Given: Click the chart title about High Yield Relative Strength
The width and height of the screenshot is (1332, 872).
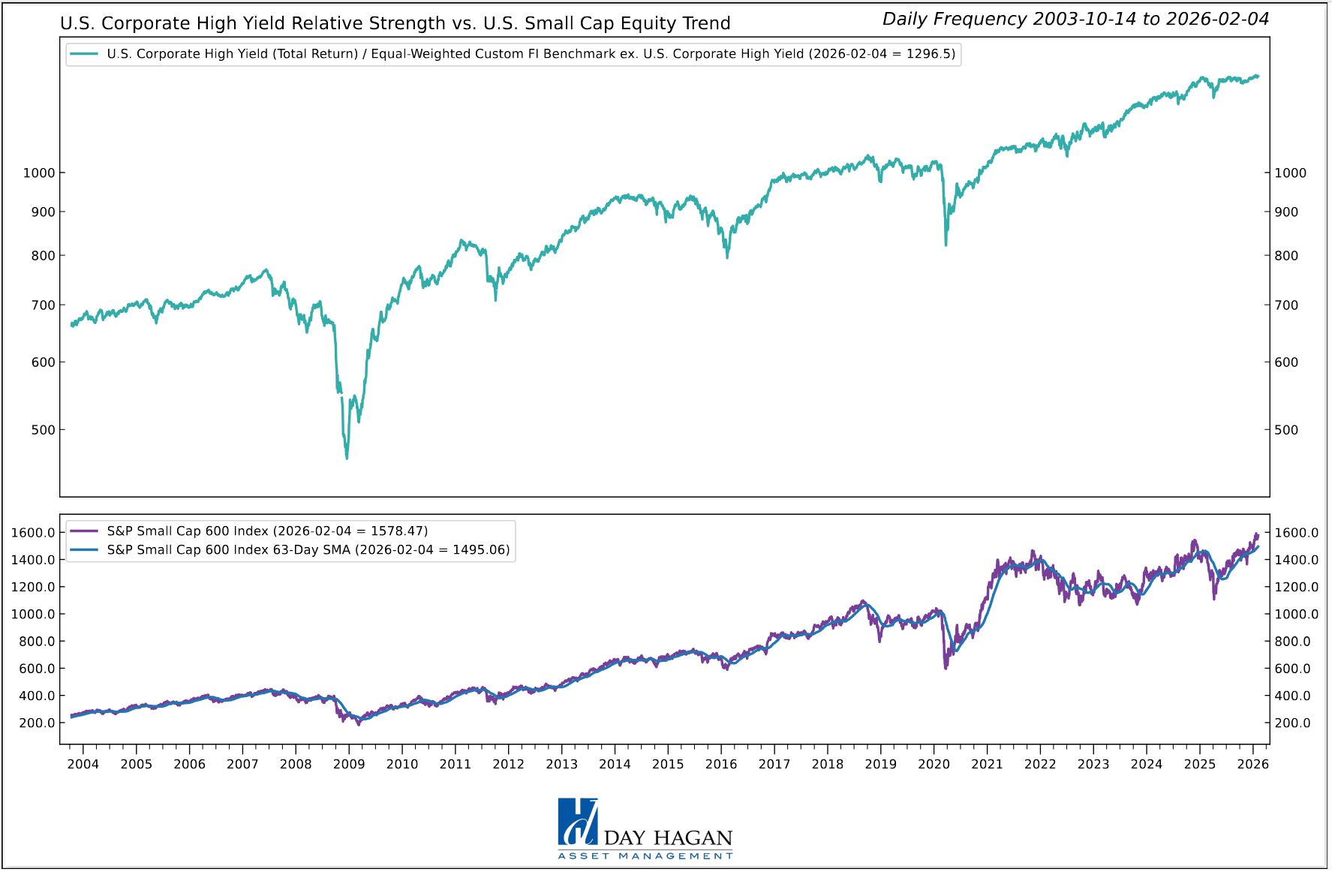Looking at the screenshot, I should (395, 23).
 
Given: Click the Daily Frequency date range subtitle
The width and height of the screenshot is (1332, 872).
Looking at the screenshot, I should (1075, 20).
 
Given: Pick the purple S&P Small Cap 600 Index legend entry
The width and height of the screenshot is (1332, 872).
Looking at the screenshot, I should (267, 531).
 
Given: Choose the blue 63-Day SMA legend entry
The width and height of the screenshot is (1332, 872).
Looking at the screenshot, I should (308, 550).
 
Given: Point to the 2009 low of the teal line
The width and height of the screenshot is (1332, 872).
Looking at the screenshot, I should (347, 457).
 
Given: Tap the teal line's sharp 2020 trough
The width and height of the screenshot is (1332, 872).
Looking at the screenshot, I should (946, 244).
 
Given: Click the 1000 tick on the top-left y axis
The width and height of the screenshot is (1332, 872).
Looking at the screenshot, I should (39, 173).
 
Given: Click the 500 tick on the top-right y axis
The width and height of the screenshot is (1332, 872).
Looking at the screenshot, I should (1285, 430).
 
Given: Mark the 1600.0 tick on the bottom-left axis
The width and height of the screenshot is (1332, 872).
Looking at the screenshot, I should (33, 533).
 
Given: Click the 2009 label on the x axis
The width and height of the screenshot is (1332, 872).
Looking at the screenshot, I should (349, 765).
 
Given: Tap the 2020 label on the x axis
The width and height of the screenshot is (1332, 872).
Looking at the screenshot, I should (934, 765).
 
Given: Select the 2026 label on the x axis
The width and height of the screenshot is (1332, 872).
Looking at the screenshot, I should (1252, 765).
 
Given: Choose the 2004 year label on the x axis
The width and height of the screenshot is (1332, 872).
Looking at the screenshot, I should (83, 765).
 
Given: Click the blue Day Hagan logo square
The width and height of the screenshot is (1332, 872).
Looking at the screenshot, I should (577, 822).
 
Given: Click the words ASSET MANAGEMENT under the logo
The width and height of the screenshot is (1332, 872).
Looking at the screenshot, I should (645, 856).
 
